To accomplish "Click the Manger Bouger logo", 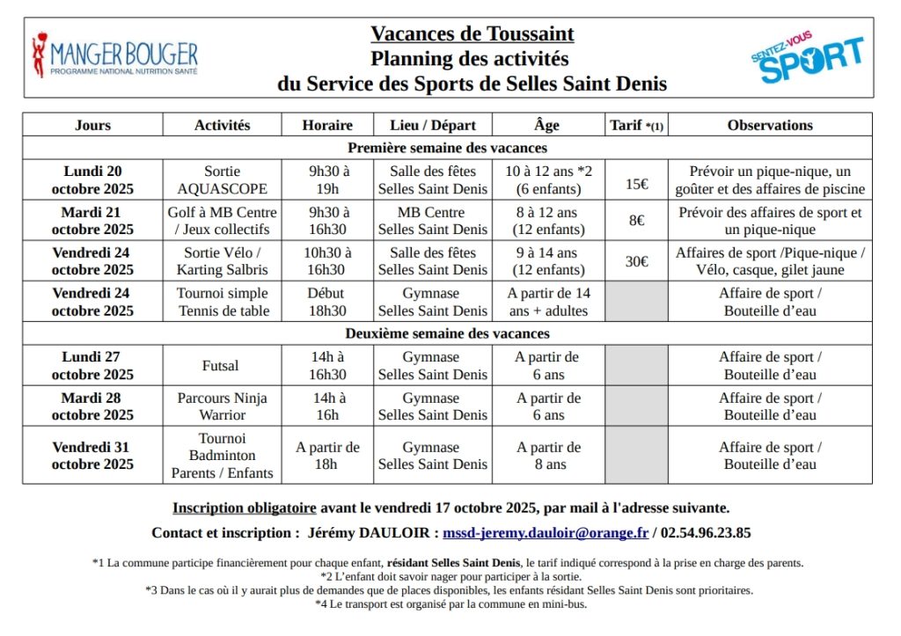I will point(114,56).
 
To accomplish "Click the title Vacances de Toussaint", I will point(472,34).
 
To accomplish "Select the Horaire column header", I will point(326,125).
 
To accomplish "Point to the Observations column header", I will point(769,125).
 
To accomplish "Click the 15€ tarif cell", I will point(637,184).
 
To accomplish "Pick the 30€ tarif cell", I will point(637,261).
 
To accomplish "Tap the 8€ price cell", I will point(637,221).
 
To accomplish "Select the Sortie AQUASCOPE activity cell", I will point(221,180).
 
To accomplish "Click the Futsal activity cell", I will point(221,365).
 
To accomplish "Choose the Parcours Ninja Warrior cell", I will point(221,406).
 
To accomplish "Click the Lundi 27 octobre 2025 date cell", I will point(92,365).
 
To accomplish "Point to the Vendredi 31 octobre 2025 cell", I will point(92,455).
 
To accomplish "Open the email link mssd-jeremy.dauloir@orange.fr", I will point(546,532).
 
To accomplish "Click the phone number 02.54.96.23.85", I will point(706,532).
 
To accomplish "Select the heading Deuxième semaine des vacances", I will point(447,333).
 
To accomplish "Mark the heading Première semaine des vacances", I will point(447,148).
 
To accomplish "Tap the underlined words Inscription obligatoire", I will point(244,508).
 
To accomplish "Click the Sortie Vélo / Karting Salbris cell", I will point(221,261).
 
